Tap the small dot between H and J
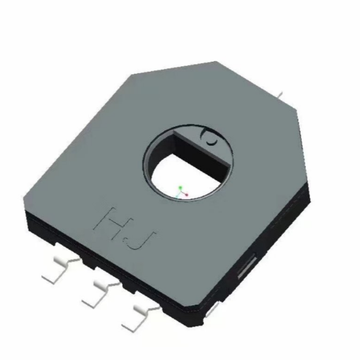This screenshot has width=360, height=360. (125, 241)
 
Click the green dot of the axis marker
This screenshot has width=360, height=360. (181, 188)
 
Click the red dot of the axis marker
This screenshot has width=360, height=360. (187, 195)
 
